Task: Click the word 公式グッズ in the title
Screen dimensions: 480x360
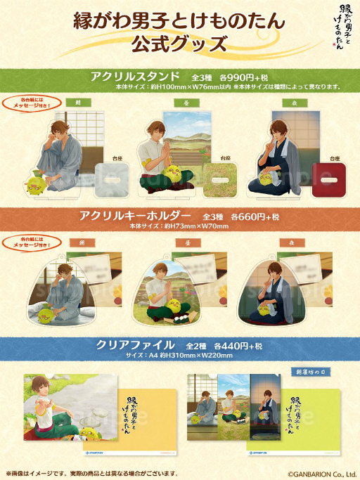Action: tap(179, 44)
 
